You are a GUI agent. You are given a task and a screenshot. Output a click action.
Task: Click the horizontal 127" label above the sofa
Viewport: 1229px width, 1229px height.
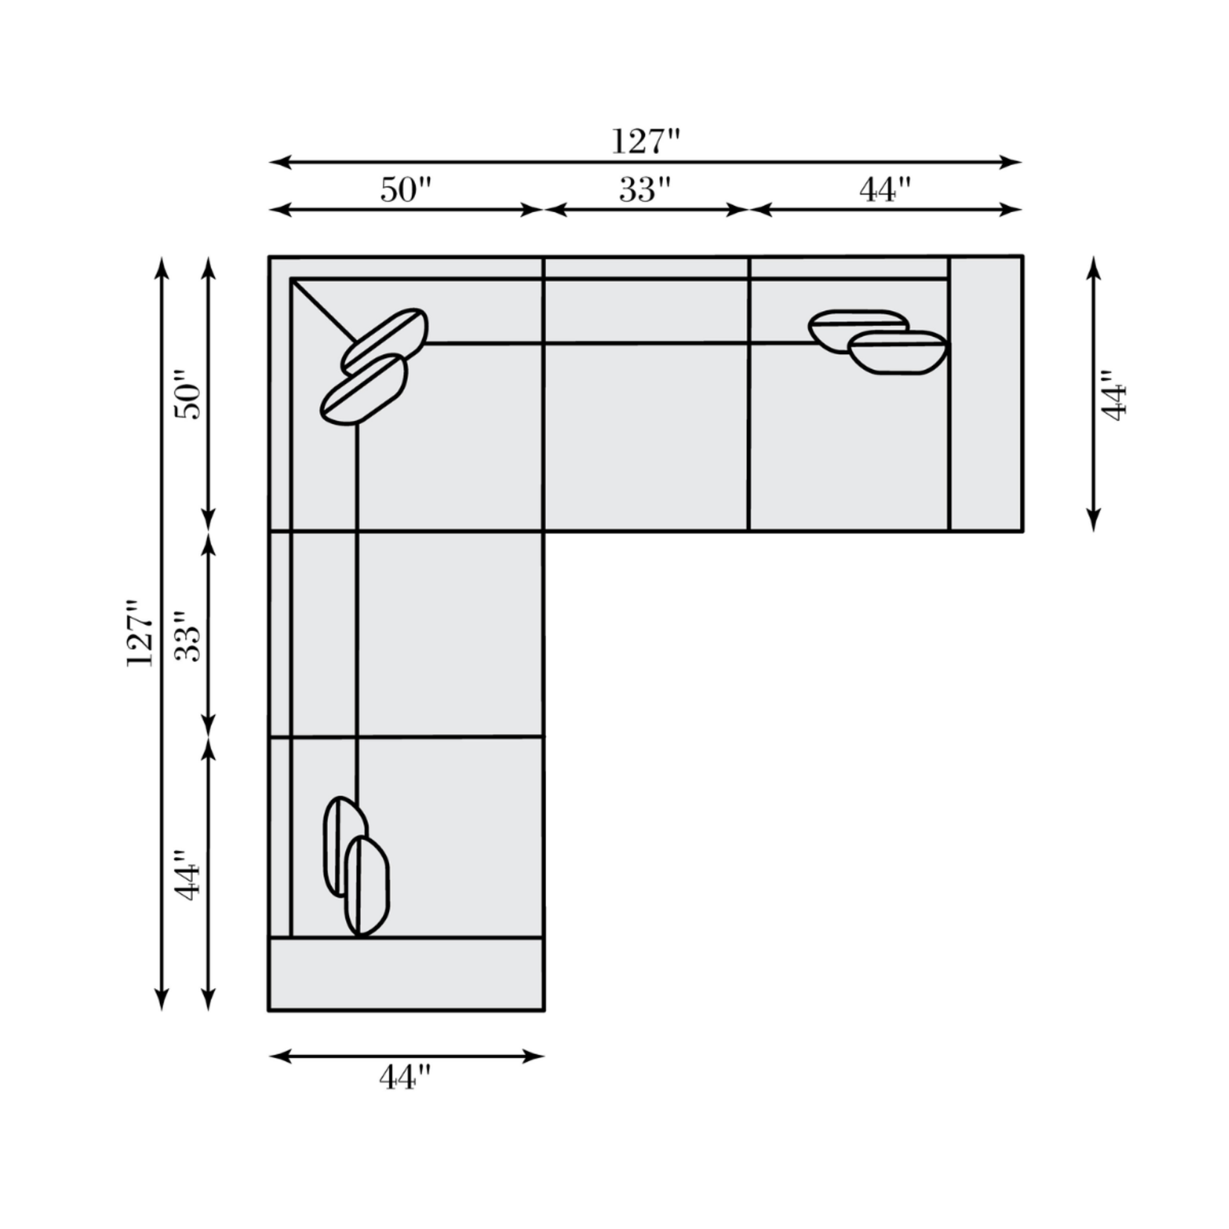click(646, 141)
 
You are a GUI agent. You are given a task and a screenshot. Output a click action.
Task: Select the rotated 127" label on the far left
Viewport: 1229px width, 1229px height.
click(141, 632)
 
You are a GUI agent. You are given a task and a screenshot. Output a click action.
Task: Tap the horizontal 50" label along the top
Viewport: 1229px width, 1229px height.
click(405, 190)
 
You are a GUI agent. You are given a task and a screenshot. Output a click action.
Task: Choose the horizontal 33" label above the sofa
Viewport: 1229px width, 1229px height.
click(645, 190)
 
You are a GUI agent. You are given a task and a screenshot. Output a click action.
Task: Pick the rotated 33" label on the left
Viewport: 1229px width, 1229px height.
click(188, 637)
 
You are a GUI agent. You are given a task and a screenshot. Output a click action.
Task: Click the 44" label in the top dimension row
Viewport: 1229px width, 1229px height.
click(885, 190)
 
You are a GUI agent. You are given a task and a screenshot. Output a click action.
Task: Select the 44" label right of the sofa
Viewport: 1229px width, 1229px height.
click(1114, 394)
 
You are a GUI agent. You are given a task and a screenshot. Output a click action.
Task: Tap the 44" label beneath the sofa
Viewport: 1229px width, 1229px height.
click(405, 1076)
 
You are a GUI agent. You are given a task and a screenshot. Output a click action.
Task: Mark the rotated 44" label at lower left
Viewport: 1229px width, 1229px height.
click(188, 876)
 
